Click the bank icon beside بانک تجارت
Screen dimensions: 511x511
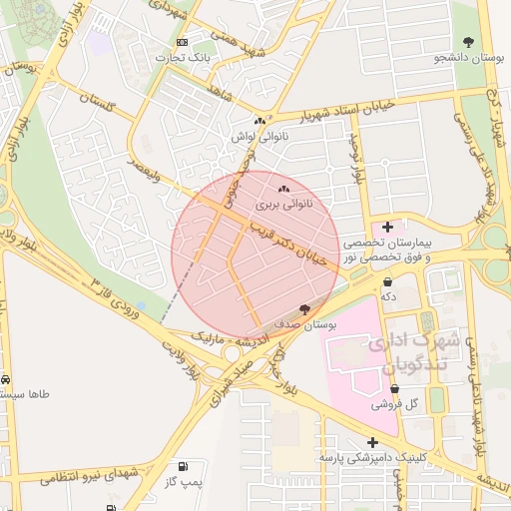181,43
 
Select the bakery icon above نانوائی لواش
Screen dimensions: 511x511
259,121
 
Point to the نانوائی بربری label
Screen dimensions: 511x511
283,204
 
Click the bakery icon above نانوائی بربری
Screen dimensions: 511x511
283,188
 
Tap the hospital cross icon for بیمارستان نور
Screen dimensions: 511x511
387,228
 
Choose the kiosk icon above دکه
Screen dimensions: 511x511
387,281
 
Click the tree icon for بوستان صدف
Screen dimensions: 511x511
304,310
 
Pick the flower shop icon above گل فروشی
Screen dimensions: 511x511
394,389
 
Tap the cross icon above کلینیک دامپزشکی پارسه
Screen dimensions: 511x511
372,442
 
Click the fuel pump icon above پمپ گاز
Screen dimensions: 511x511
182,467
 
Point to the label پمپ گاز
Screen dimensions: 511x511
184,483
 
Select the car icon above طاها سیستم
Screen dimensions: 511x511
6,380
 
